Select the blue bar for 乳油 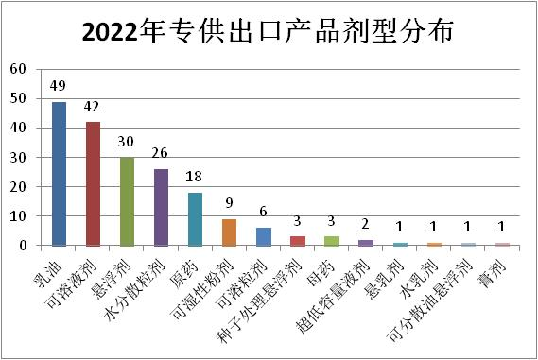(59, 174)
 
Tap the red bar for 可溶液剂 (93, 183)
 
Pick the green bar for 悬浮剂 (127, 201)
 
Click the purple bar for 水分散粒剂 (161, 207)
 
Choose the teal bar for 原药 (195, 219)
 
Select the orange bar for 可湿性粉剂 (229, 232)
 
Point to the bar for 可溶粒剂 (263, 236)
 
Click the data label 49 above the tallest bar (59, 88)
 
